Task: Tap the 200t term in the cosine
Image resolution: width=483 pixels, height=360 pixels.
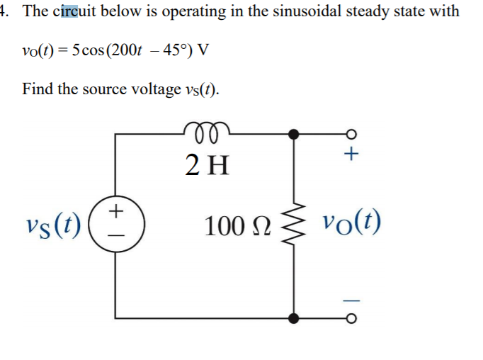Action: (135, 51)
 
